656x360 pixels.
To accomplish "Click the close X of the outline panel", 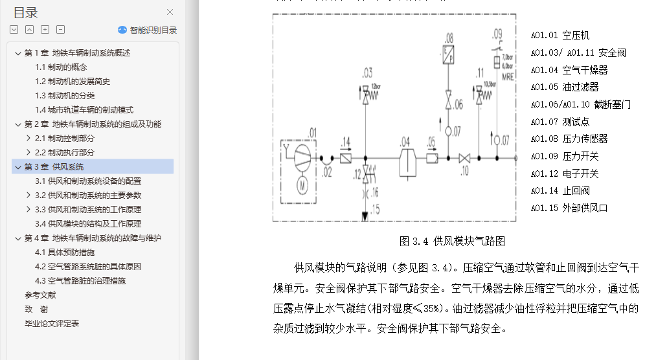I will [170, 12].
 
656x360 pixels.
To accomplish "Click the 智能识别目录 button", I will [148, 30].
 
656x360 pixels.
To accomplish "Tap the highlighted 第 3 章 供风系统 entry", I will [54, 167].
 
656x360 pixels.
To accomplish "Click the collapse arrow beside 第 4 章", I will [18, 238].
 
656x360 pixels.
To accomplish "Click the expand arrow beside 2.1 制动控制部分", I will [28, 139].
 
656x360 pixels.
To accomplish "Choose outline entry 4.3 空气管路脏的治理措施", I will [80, 281].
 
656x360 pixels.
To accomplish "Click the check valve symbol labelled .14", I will [346, 157].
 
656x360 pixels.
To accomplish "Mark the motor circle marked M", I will [300, 185].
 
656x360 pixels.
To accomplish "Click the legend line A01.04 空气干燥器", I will [569, 70].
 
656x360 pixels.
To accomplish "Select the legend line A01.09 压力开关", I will [564, 156].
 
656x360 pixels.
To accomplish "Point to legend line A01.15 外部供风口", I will [569, 208].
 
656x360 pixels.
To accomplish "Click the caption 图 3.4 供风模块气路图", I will [452, 242].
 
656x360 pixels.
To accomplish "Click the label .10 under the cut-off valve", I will [464, 171].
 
